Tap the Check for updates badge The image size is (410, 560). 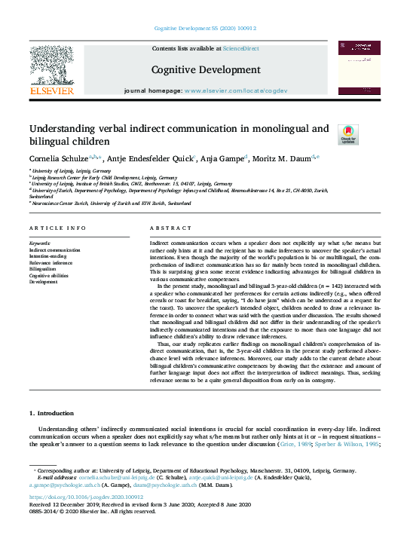coord(348,135)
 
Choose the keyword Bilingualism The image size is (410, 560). coord(42,268)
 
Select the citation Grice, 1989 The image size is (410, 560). coord(301,444)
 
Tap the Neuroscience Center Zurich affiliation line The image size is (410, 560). coord(110,203)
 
